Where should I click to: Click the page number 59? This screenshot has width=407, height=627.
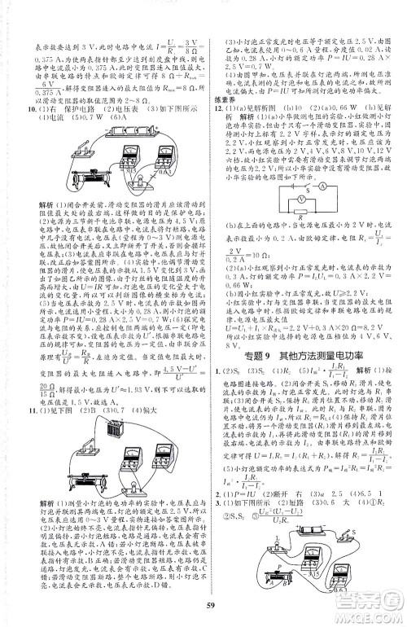pyautogui.click(x=203, y=601)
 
